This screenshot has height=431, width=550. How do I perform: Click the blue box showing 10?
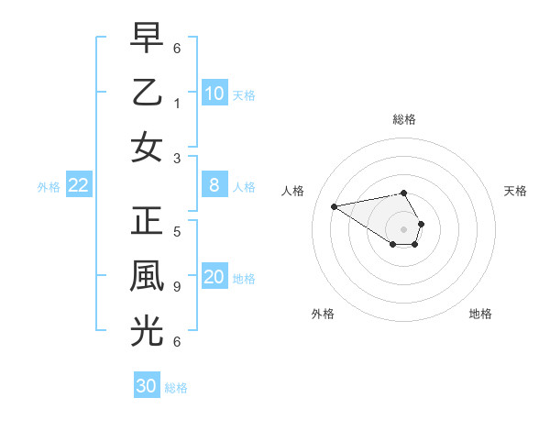(x=214, y=93)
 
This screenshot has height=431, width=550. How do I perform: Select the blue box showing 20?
(x=214, y=278)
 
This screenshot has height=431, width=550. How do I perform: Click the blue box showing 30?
(x=147, y=386)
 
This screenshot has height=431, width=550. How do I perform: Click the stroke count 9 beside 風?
(x=177, y=287)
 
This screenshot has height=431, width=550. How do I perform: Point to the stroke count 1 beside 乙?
(x=177, y=103)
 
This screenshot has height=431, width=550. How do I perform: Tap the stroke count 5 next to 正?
(x=177, y=232)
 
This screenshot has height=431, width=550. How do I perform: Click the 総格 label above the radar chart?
(x=404, y=119)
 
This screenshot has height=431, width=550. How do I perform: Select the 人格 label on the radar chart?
(x=294, y=191)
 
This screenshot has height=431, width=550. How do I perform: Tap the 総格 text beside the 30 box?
(x=176, y=388)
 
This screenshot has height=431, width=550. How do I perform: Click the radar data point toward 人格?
(x=334, y=206)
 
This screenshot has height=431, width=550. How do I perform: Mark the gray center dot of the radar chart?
(x=404, y=228)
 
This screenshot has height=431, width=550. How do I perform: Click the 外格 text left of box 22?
(x=49, y=187)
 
